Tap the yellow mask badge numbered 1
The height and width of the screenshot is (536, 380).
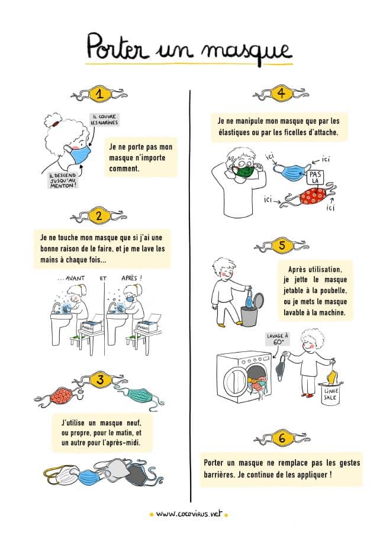pos(99,93)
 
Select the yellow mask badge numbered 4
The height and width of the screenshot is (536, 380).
pos(281,93)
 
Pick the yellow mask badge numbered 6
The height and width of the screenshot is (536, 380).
pos(282,438)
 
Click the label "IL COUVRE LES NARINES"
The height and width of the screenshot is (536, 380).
pos(104,120)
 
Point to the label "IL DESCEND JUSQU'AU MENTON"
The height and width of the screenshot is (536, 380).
pos(63,180)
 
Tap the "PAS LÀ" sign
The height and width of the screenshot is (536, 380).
pos(315,177)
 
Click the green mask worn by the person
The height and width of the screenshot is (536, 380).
pos(246,171)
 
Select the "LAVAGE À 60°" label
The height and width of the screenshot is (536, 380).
pos(278,339)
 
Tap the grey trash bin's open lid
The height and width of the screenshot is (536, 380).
pos(258,302)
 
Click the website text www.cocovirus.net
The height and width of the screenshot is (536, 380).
pos(189,514)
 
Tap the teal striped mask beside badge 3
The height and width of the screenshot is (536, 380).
pos(141,396)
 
